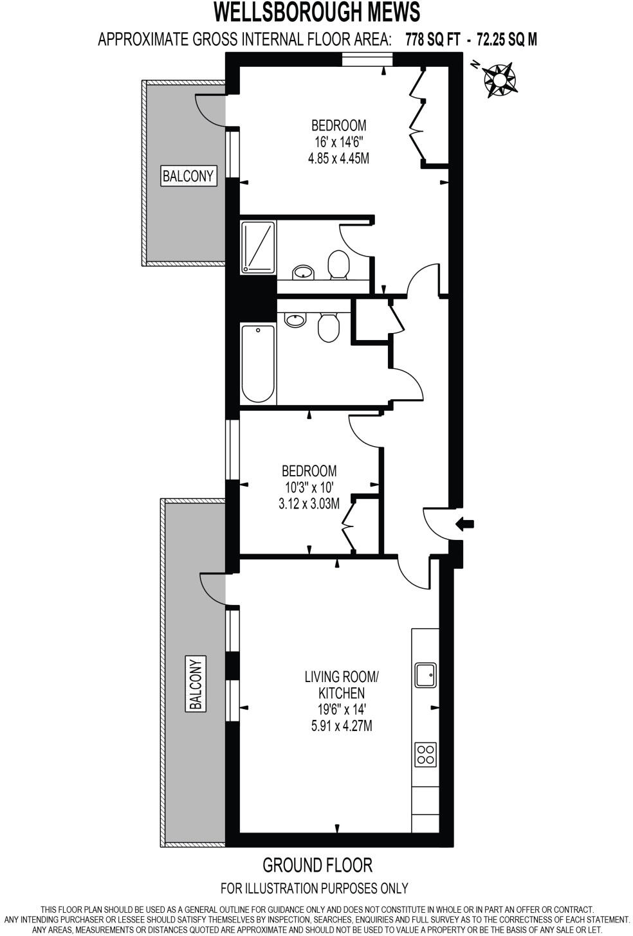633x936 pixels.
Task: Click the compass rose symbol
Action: click(499, 78)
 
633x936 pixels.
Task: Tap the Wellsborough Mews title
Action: click(316, 13)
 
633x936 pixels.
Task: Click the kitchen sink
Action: click(425, 674)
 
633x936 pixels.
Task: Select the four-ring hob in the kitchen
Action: click(425, 753)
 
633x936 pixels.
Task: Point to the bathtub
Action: click(258, 364)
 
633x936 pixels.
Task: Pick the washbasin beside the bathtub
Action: click(295, 320)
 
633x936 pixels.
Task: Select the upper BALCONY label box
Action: click(188, 175)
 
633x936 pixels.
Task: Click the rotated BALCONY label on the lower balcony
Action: click(196, 683)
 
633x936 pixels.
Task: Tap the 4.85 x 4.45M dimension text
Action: click(338, 158)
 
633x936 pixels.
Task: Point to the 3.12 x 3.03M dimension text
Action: click(308, 505)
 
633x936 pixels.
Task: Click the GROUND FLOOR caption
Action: click(317, 865)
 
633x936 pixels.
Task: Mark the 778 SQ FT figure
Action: click(433, 40)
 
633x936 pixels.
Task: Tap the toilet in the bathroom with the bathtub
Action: click(329, 328)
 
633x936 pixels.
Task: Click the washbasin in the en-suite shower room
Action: click(302, 273)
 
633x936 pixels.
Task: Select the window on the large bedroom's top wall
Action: click(367, 60)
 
